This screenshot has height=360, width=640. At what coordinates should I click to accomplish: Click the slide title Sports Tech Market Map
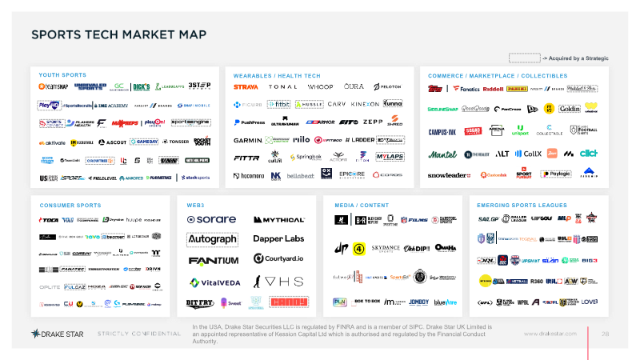[118, 34]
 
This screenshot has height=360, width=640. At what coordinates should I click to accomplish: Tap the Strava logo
[246, 86]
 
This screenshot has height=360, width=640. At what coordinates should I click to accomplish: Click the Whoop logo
[320, 86]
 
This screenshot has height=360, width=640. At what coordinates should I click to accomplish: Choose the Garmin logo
[247, 139]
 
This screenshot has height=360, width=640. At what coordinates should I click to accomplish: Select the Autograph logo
[211, 239]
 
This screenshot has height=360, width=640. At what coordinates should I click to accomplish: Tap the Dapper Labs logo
[278, 239]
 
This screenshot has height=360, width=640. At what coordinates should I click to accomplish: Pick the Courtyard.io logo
[278, 258]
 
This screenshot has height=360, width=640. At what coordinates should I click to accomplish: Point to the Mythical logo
[278, 219]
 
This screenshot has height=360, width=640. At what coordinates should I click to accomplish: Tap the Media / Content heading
[358, 205]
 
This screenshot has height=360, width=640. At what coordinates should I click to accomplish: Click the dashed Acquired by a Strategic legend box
[525, 58]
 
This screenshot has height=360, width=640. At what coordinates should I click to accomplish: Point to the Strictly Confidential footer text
[138, 333]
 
